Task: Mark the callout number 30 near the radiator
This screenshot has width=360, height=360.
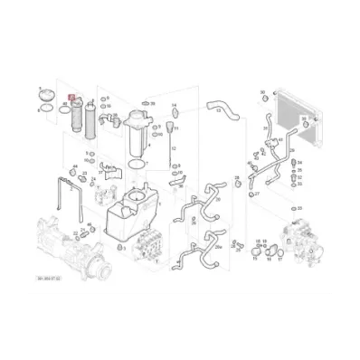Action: [263, 92]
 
